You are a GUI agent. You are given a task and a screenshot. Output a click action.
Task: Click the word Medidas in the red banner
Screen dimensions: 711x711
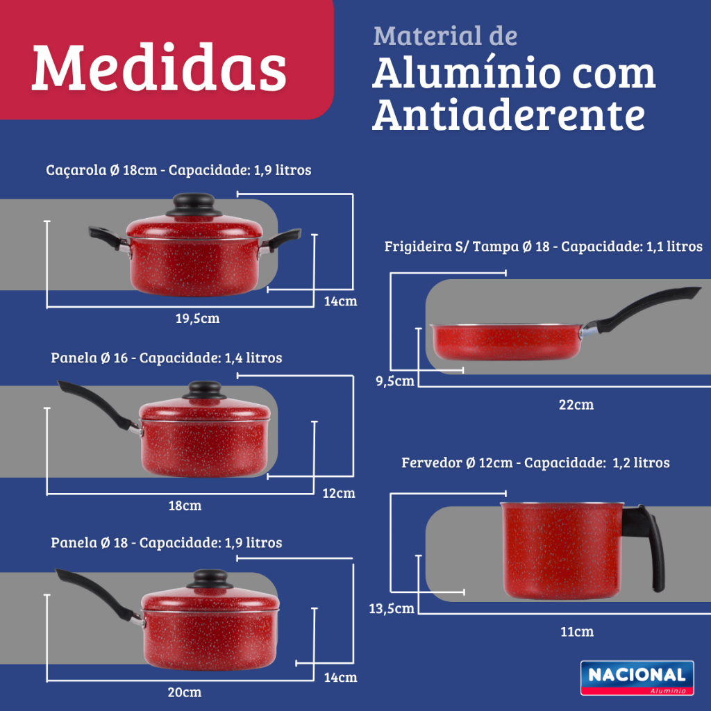tap(159, 67)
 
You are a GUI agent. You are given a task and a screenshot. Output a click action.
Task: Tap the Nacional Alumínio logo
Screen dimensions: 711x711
tap(637, 678)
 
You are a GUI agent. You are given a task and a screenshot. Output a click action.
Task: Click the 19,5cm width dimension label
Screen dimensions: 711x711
tap(197, 318)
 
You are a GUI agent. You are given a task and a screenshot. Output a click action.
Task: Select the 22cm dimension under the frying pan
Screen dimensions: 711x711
tap(576, 405)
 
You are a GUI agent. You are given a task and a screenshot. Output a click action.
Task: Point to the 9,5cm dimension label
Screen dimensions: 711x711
tap(395, 381)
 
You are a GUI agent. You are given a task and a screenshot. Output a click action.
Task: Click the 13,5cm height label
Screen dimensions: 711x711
tap(392, 608)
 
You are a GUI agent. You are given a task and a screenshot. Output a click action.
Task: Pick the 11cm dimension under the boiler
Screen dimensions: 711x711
tap(577, 632)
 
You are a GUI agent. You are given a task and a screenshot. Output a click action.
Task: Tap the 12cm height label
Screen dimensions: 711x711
tap(339, 493)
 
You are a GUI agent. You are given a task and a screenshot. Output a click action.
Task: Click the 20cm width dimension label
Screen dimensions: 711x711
tap(185, 692)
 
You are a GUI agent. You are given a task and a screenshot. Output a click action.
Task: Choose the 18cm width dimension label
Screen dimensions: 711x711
tap(185, 505)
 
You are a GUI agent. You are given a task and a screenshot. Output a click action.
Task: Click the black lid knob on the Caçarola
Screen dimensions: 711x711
tap(194, 205)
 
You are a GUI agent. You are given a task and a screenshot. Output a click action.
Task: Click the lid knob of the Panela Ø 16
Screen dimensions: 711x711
tap(205, 390)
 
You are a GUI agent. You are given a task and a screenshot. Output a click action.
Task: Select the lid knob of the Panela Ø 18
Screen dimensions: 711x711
tap(210, 579)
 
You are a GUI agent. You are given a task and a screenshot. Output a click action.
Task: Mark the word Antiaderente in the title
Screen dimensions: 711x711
tap(508, 115)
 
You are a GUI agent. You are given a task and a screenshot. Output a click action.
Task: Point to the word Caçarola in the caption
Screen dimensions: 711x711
tap(76, 171)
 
